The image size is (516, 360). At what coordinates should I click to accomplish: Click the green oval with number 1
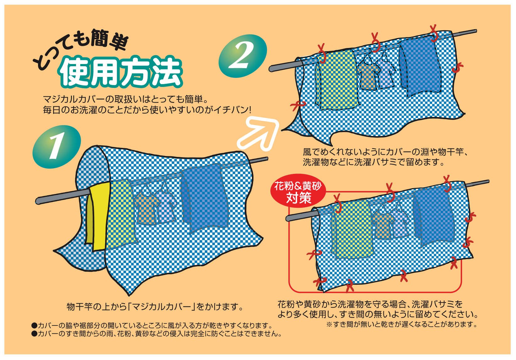coord(57,147)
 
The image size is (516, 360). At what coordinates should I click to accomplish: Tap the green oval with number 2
coord(243,56)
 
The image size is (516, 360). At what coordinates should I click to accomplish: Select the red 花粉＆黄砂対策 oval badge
coord(298,191)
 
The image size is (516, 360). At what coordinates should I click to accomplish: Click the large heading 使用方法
coord(121,72)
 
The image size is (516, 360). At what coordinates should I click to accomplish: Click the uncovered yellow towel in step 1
coord(98,216)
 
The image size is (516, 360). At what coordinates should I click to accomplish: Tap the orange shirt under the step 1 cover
coord(146,209)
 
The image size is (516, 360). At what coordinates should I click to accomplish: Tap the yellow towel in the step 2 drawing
coord(337,81)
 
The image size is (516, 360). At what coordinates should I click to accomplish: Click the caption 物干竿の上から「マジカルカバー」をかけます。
coord(155,307)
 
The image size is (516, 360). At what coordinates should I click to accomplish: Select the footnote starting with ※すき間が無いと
coord(401,325)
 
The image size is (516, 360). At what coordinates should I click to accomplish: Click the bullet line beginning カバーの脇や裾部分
coord(152,326)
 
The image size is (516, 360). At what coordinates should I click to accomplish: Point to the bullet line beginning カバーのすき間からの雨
coord(157,334)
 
